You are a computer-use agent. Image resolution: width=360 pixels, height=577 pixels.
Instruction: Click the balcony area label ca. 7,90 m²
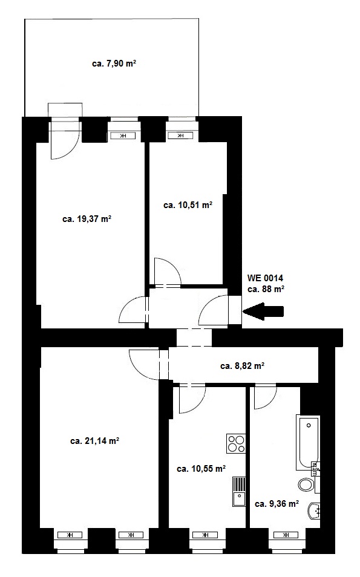(114, 64)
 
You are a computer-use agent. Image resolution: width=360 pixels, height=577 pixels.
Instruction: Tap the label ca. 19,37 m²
(87, 220)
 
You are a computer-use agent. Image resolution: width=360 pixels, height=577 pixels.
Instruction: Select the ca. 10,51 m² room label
(188, 205)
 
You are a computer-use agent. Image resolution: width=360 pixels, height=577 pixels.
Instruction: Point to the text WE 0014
(265, 278)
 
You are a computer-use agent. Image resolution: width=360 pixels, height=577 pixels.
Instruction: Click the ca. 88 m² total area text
(266, 289)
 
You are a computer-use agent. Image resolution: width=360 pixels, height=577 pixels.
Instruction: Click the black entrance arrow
(263, 311)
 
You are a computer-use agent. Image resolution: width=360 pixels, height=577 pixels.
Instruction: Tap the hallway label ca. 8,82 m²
(242, 366)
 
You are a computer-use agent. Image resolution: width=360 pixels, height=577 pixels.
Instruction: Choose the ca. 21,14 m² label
(94, 441)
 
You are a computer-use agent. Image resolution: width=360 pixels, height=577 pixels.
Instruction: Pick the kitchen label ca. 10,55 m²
(201, 469)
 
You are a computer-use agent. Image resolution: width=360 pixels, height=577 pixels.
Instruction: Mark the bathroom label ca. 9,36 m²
(277, 504)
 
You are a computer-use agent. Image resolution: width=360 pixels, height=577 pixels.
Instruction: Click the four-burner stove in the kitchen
(236, 443)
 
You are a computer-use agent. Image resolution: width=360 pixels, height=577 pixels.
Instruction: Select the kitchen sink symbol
(239, 492)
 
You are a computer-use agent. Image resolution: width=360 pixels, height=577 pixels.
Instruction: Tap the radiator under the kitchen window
(205, 535)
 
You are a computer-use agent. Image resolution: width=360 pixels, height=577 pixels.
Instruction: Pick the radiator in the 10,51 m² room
(180, 136)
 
